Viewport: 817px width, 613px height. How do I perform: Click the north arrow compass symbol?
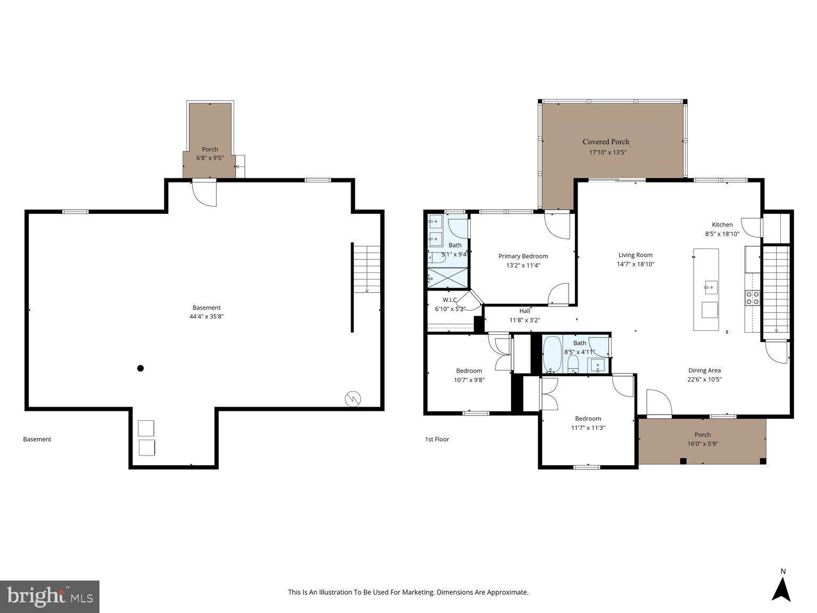[x=781, y=588]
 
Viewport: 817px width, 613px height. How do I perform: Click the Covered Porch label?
[x=606, y=142]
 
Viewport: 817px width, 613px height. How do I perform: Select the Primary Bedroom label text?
[x=523, y=256]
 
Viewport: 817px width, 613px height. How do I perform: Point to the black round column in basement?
[x=140, y=368]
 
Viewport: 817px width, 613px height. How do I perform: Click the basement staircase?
[x=367, y=269]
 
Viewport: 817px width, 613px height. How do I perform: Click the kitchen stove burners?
[x=753, y=298]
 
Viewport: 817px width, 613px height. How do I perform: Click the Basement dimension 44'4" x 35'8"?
[x=206, y=316]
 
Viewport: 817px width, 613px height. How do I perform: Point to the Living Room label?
[x=635, y=255]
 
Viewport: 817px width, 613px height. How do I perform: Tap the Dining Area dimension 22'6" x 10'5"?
[x=704, y=379]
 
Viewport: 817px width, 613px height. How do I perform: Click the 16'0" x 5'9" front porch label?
[x=702, y=443]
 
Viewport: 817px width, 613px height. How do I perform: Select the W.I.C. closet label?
[x=450, y=300]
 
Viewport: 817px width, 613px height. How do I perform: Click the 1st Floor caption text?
[x=437, y=439]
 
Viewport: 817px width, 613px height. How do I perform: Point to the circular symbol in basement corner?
[x=353, y=399]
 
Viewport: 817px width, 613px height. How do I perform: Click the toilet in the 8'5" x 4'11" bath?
[x=573, y=363]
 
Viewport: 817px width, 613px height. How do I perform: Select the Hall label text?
[x=524, y=311]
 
